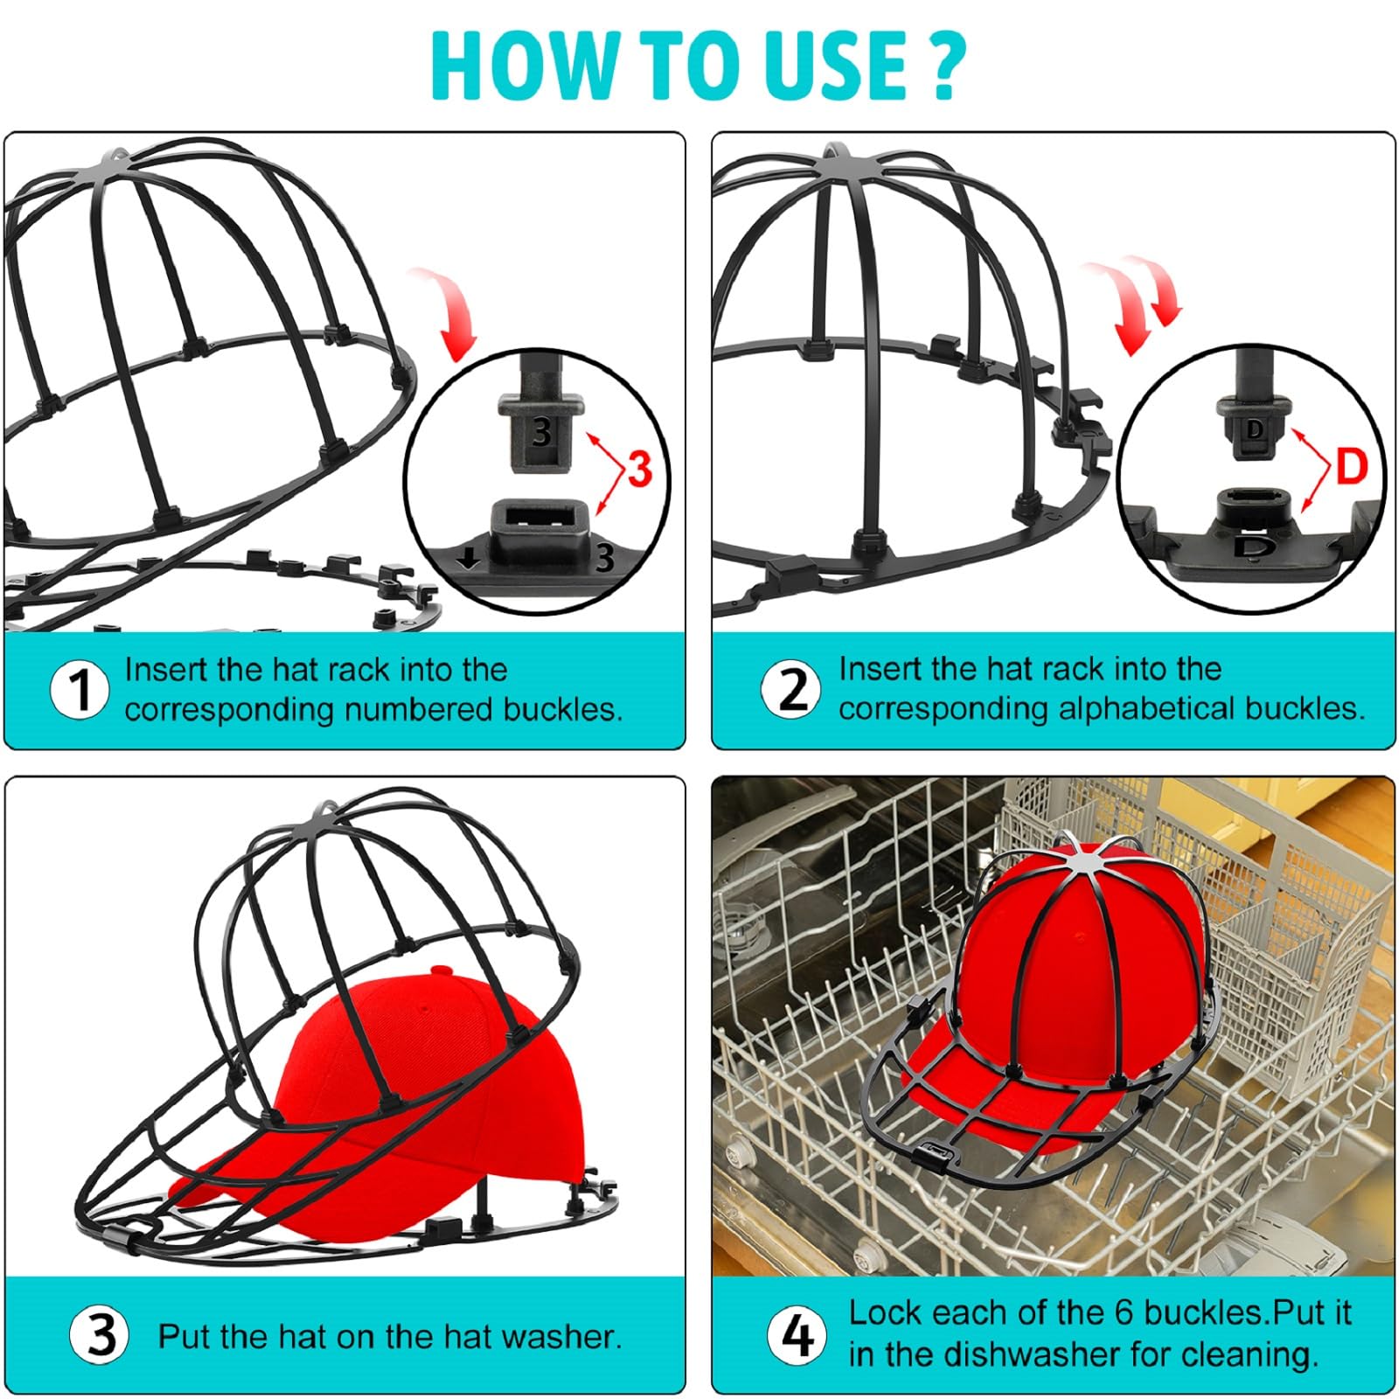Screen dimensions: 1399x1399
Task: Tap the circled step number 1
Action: pos(80,690)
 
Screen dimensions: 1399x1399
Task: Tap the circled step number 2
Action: pos(792,690)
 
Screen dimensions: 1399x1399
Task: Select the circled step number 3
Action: pos(101,1335)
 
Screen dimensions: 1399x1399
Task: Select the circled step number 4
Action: pos(797,1335)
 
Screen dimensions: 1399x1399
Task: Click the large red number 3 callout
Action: pos(640,470)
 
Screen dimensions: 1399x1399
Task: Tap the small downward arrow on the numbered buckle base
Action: pos(470,559)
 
